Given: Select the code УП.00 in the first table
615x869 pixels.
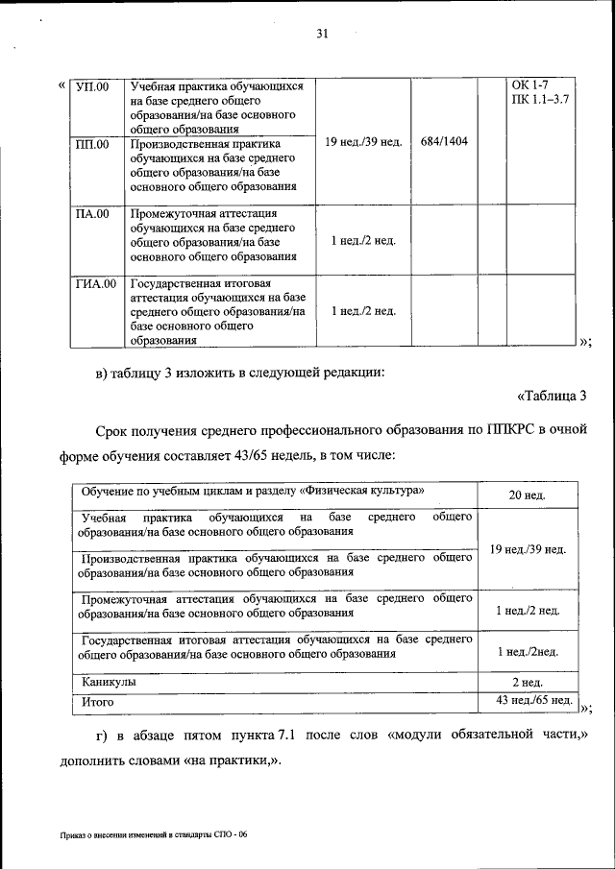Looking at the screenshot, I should (x=93, y=87).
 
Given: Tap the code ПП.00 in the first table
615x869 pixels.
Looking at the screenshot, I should (x=92, y=145).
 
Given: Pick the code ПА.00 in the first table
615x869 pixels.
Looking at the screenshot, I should (x=92, y=214).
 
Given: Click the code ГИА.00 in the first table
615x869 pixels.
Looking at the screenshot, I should (x=96, y=284).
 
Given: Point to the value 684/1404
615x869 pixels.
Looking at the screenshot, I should (x=444, y=142).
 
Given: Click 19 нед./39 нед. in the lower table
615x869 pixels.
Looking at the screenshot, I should (x=528, y=549).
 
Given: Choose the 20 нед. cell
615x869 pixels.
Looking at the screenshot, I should (x=528, y=495).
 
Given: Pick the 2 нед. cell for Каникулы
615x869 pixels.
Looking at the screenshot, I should (x=528, y=682).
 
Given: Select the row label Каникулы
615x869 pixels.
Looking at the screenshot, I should (x=108, y=681).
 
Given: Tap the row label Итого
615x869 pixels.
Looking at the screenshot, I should (x=98, y=702).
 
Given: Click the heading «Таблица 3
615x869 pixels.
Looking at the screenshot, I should (x=552, y=396).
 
